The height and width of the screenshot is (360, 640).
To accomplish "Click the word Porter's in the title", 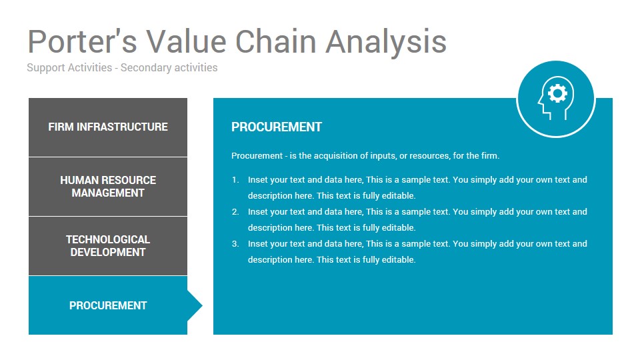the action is pos(82,41).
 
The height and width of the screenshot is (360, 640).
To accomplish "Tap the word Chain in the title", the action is pos(276,41).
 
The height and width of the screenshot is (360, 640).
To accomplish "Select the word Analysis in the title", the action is pos(386,42).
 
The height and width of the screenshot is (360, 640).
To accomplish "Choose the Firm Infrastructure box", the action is pos(108,127).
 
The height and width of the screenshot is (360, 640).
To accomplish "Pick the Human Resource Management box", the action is pos(108,187).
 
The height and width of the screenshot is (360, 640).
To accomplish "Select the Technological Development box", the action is pos(108,246).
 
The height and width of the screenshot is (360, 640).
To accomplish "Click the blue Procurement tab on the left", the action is pos(108,305).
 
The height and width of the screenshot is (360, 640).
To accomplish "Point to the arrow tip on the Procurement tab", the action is pos(202,305).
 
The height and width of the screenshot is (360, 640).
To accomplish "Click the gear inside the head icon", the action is pos(557,93).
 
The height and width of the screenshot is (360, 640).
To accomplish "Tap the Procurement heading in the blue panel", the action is pos(277,127).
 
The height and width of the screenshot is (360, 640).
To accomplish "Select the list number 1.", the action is pos(235,179).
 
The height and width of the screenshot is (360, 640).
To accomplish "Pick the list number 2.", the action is pos(235,212).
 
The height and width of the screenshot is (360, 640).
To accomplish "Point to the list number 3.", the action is pos(235,244).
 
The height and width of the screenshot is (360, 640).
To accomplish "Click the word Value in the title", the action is pos(186,41).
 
